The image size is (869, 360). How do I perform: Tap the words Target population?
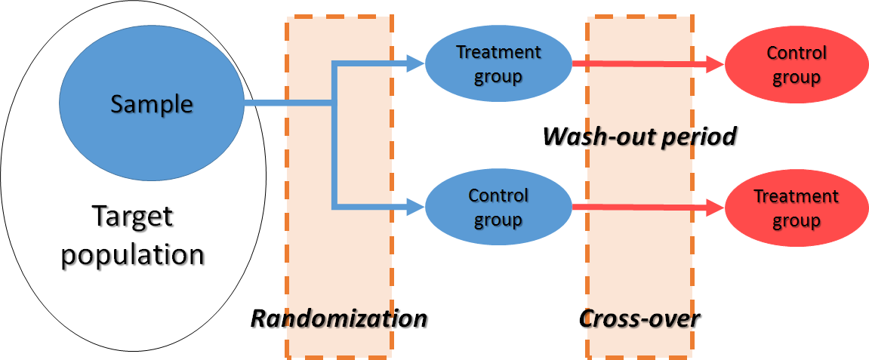[x=133, y=235]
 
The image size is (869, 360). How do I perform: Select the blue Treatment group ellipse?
[x=498, y=64]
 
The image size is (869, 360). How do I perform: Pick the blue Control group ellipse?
[x=498, y=207]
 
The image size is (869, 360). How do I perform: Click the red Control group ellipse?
[x=797, y=65]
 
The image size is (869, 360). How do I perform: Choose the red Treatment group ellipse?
[x=797, y=208]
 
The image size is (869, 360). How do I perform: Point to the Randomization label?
[x=338, y=318]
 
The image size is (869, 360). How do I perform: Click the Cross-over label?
[x=639, y=318]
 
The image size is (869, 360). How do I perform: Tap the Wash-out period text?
[x=639, y=137]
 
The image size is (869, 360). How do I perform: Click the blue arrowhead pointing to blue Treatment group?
[x=415, y=64]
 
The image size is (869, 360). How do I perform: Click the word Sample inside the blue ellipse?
[x=151, y=103]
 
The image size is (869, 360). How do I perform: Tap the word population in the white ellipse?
[x=133, y=254]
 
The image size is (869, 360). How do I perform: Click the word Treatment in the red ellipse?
[x=797, y=197]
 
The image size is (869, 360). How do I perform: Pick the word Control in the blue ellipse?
[x=498, y=195]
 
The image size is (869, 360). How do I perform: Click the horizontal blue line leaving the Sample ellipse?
[x=287, y=103]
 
